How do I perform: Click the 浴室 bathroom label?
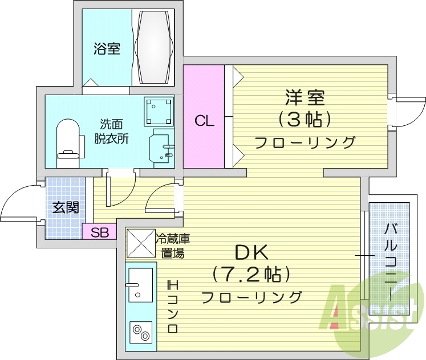coord(107,49)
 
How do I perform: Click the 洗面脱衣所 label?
coord(111,132)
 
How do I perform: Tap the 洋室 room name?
coord(305,98)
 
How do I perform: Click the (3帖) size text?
coord(305,120)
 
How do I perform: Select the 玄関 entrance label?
coord(66,207)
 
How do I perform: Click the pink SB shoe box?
coord(99,232)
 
